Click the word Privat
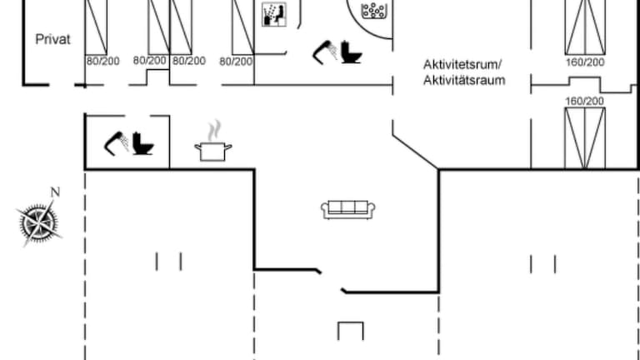(52, 39)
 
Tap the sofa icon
(348, 209)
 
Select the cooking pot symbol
(213, 150)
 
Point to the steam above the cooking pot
(215, 129)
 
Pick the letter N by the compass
(55, 192)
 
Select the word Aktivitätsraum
(464, 81)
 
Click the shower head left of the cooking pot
(115, 142)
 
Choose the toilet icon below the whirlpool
(351, 52)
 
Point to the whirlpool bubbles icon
(373, 12)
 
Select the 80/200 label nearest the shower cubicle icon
(236, 61)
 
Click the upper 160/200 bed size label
(584, 62)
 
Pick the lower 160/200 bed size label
(584, 101)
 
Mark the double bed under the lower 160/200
(584, 137)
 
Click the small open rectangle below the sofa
(350, 331)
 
